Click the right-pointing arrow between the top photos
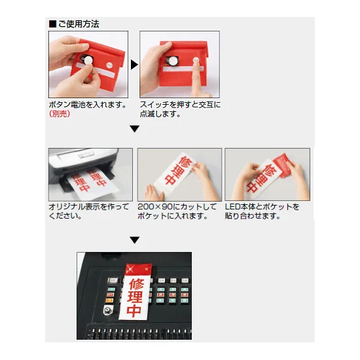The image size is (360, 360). tap(134, 64)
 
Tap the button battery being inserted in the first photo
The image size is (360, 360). tap(88, 60)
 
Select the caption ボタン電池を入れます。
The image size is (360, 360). tap(87, 104)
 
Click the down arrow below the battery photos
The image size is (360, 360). tap(134, 129)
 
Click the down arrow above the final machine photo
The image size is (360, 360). tap(134, 240)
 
